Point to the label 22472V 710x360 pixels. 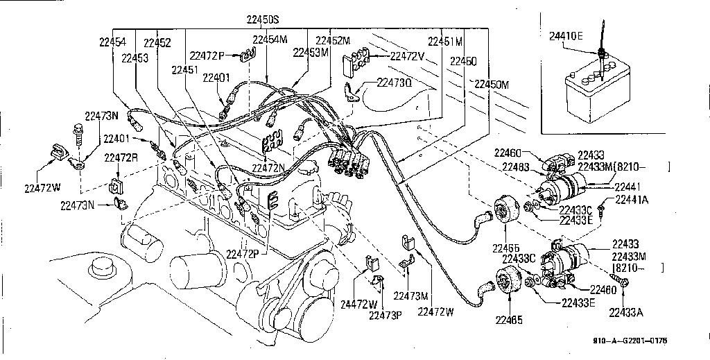click(406, 56)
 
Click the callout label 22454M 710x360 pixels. click(270, 40)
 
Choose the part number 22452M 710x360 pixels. click(333, 40)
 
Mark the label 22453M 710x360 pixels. click(310, 53)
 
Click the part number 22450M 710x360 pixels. click(492, 85)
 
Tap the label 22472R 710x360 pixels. click(121, 157)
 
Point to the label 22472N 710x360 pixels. click(268, 168)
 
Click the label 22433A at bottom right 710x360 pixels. click(626, 313)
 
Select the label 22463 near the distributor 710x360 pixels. click(517, 166)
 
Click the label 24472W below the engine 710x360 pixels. click(358, 304)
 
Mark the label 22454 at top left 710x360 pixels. click(112, 42)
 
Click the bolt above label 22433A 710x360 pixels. click(625, 283)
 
